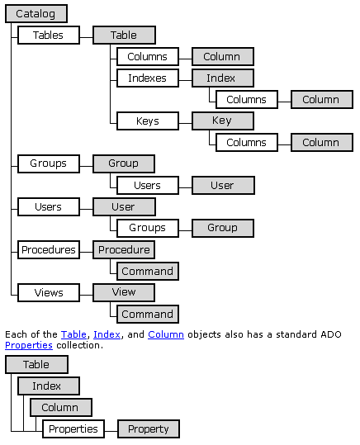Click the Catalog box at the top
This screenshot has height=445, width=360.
[36, 13]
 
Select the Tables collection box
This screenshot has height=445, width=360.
[49, 36]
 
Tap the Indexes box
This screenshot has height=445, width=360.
[148, 78]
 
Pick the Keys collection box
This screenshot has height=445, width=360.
[148, 121]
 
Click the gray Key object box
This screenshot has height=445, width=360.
[223, 121]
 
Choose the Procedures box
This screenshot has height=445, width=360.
[49, 249]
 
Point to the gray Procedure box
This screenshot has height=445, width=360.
[124, 249]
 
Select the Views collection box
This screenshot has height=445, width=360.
[49, 292]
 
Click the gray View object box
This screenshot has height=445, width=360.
[124, 292]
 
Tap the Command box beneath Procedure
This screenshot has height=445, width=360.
[148, 272]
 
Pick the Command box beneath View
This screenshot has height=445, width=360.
[148, 315]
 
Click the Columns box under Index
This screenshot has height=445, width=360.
[247, 100]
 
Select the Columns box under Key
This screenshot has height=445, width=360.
[247, 143]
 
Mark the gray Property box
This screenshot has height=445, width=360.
[149, 428]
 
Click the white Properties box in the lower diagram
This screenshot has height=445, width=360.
[73, 428]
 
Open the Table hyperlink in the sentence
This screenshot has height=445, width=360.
[73, 334]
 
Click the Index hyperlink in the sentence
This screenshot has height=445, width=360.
[107, 334]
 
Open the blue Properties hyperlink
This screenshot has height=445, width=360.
[29, 345]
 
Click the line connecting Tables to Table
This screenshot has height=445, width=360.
[87, 37]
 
